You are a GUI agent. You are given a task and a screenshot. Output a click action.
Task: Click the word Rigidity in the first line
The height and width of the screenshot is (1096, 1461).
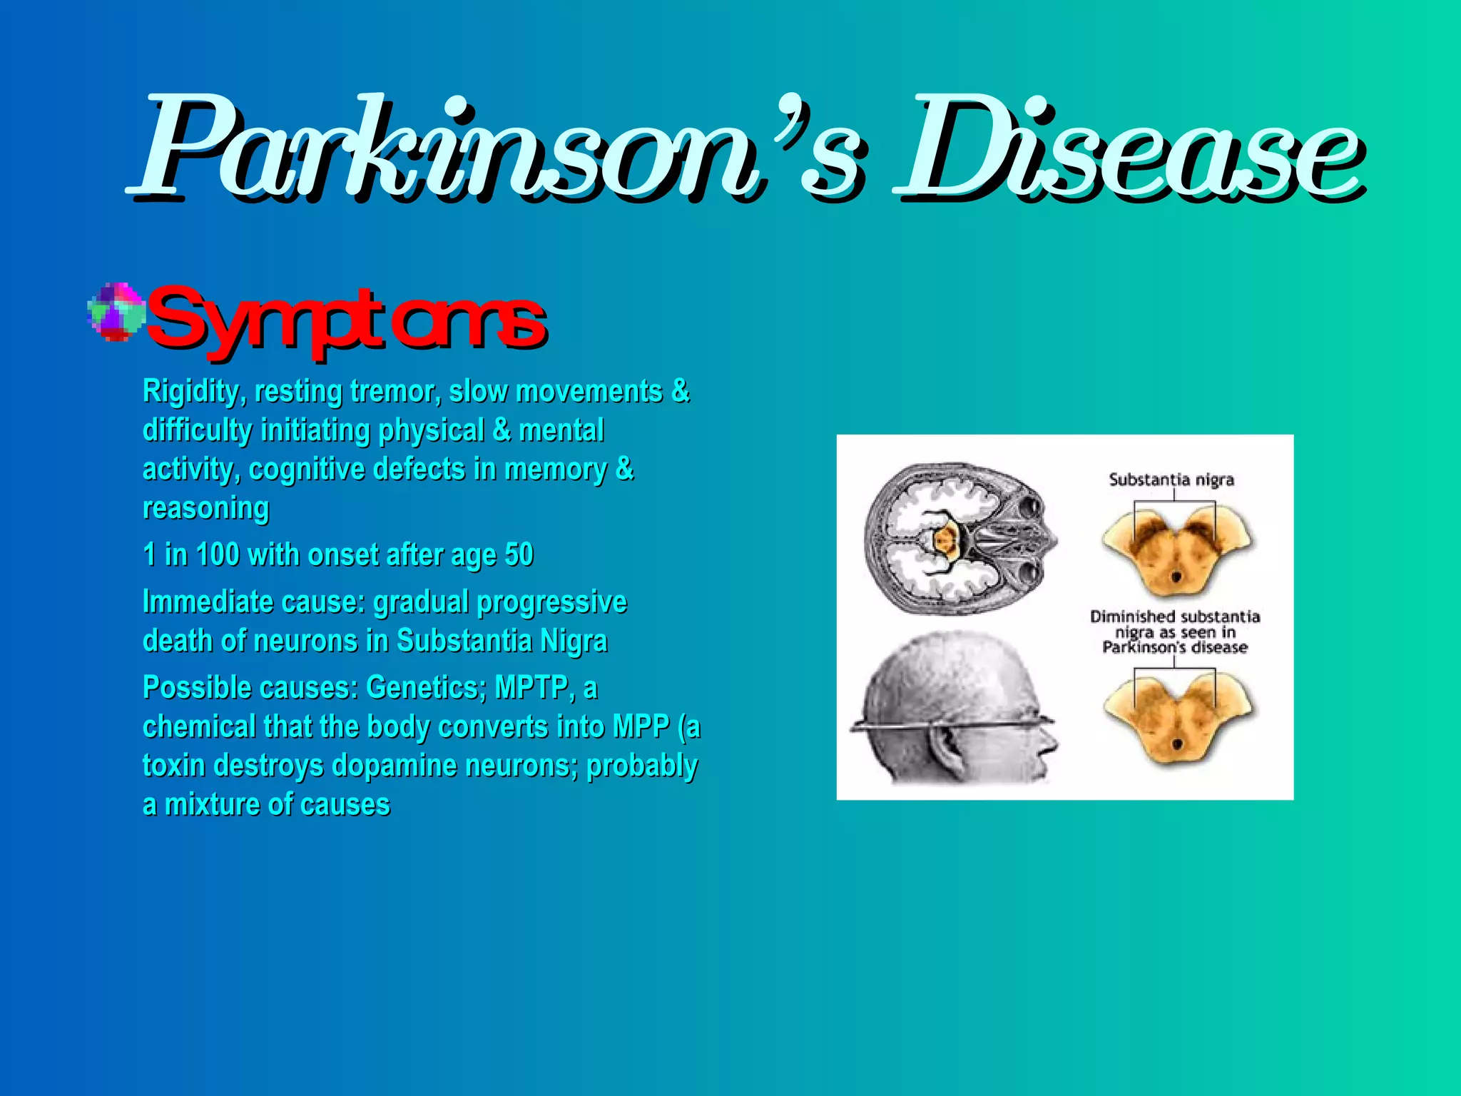click(193, 392)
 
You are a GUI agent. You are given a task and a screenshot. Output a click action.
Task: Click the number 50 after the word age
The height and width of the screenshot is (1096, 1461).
click(519, 554)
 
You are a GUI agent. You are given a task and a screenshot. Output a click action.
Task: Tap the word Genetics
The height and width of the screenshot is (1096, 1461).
click(425, 687)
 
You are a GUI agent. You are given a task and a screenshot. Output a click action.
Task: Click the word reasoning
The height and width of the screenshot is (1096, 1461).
click(205, 508)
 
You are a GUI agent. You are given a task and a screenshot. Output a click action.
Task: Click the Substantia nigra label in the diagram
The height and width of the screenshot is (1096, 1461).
click(1171, 479)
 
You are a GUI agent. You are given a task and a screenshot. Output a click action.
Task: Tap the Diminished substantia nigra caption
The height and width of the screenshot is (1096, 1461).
click(1174, 631)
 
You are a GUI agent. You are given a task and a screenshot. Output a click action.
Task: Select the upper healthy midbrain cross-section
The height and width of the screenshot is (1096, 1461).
click(1176, 549)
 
